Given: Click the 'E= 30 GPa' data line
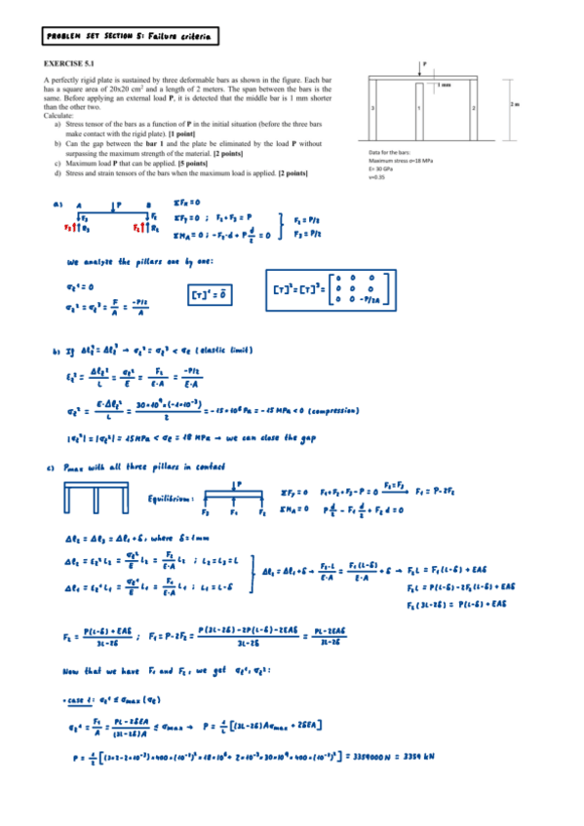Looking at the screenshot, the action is [x=382, y=169].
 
